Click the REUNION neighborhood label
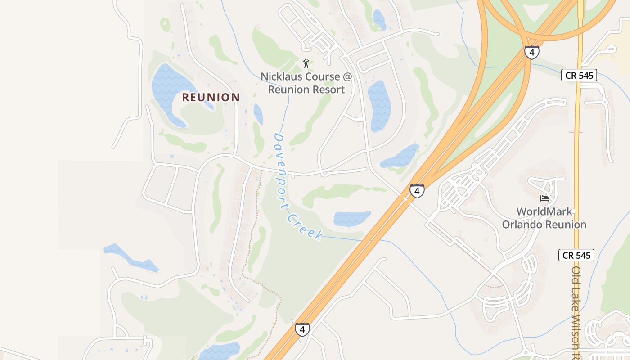(211, 97)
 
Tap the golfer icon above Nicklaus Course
(306, 63)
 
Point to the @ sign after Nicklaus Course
(347, 76)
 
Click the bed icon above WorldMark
(544, 198)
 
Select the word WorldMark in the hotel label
(544, 211)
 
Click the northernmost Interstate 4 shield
(531, 52)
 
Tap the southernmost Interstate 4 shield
(302, 329)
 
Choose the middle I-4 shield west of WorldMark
(417, 191)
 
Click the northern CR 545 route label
(579, 75)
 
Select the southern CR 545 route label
(576, 255)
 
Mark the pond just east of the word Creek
(351, 218)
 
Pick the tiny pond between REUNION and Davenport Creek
(258, 114)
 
